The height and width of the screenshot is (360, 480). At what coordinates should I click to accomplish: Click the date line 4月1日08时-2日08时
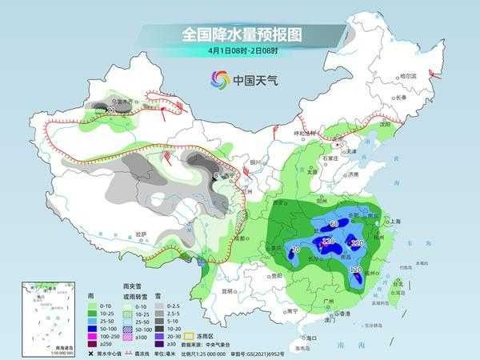coord(240,53)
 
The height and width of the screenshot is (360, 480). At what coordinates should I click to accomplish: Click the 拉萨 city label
coord(142,234)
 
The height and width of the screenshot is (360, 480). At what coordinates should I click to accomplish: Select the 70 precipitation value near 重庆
coord(274,250)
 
